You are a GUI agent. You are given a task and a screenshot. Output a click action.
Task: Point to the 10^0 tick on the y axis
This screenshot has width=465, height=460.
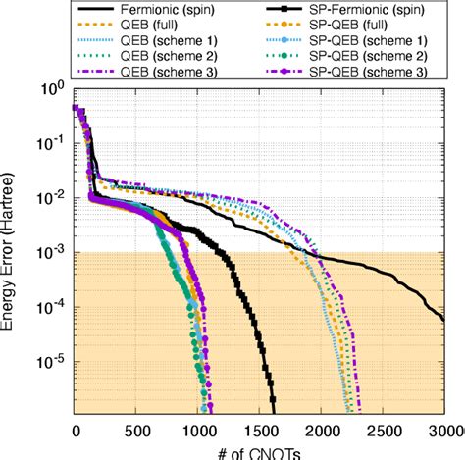pos(52,89)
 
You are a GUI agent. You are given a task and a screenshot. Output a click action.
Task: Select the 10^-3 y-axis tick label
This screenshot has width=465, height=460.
pos(50,252)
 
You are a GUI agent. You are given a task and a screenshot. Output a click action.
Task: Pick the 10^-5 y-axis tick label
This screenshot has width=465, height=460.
pos(50,360)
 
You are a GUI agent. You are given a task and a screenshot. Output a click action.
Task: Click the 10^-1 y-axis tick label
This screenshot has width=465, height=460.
pos(50,143)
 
